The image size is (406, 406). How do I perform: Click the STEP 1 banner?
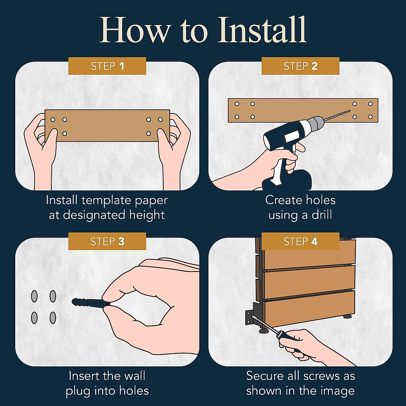[x=107, y=66]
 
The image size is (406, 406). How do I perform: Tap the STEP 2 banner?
[x=300, y=66]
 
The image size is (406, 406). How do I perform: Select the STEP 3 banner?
[x=107, y=241]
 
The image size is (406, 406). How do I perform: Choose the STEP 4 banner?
[x=300, y=241]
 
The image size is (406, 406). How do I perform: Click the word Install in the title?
[x=262, y=30]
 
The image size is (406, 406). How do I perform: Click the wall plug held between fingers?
[x=91, y=303]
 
